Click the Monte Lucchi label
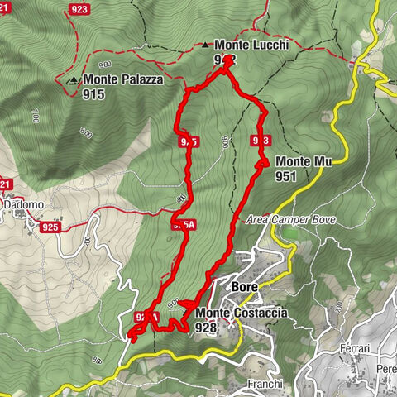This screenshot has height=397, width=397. pos(251,46)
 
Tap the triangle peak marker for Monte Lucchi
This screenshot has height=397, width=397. pos(206,45)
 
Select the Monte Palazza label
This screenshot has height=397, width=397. pos(122,80)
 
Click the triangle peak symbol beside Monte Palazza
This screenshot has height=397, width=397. pos(74,80)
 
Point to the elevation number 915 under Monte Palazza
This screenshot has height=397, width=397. pos(93,94)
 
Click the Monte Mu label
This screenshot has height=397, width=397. pos(304,161)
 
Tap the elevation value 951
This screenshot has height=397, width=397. pos(287,176)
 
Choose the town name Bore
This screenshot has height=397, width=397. pos(246,287)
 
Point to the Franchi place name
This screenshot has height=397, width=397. pos(265,384)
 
